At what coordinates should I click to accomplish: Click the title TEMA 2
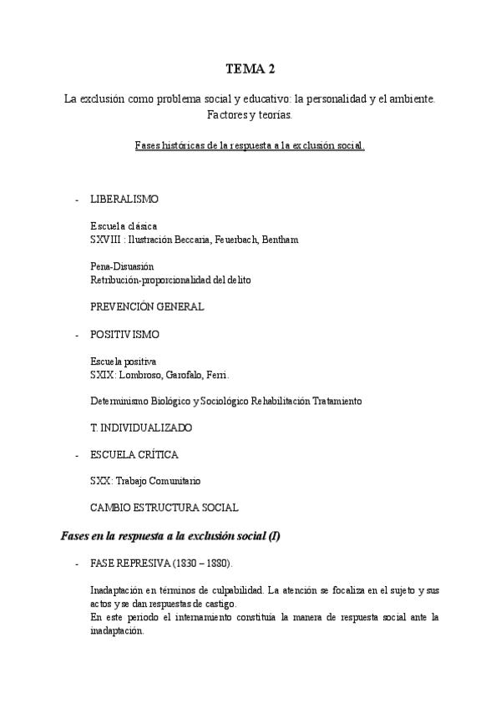[250, 69]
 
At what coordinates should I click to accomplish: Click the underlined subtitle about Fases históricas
[250, 144]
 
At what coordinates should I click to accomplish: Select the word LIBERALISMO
[124, 200]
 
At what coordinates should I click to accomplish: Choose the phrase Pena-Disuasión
[122, 266]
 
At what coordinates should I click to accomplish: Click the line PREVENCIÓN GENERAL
[147, 306]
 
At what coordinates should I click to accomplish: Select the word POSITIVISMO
[124, 334]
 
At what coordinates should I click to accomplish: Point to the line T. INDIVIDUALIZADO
[141, 427]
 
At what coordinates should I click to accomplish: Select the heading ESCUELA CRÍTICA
[133, 455]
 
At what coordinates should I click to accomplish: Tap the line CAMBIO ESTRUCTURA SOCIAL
[164, 508]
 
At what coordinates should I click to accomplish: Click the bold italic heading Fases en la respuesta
[170, 536]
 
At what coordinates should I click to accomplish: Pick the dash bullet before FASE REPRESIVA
[77, 564]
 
